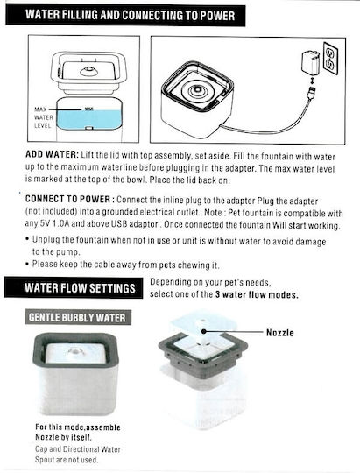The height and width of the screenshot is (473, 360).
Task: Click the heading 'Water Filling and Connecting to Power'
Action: tap(130, 15)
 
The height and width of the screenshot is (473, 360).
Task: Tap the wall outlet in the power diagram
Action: tap(330, 56)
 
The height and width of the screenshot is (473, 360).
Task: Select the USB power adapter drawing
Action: tap(310, 63)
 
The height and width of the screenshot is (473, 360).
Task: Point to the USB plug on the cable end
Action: tap(311, 91)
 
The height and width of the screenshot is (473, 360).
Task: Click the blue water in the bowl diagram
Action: tap(89, 119)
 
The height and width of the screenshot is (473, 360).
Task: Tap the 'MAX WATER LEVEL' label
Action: tap(44, 117)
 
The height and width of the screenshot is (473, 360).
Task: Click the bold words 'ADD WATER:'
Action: tap(52, 154)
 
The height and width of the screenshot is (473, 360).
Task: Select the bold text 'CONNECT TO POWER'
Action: tap(68, 199)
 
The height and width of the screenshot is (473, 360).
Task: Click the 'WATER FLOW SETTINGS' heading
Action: tap(80, 288)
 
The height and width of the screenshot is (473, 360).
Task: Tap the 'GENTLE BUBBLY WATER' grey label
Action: tap(77, 318)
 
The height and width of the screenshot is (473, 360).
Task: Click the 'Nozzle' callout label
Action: tap(280, 333)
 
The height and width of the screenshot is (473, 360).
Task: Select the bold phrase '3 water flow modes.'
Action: tap(257, 294)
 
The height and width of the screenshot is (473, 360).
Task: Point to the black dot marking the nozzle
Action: tap(204, 331)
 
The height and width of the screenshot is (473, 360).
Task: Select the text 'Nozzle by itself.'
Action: tap(63, 437)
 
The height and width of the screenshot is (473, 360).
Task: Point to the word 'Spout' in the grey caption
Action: tap(46, 460)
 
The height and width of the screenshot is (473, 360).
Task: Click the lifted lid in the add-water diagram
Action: tap(88, 72)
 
